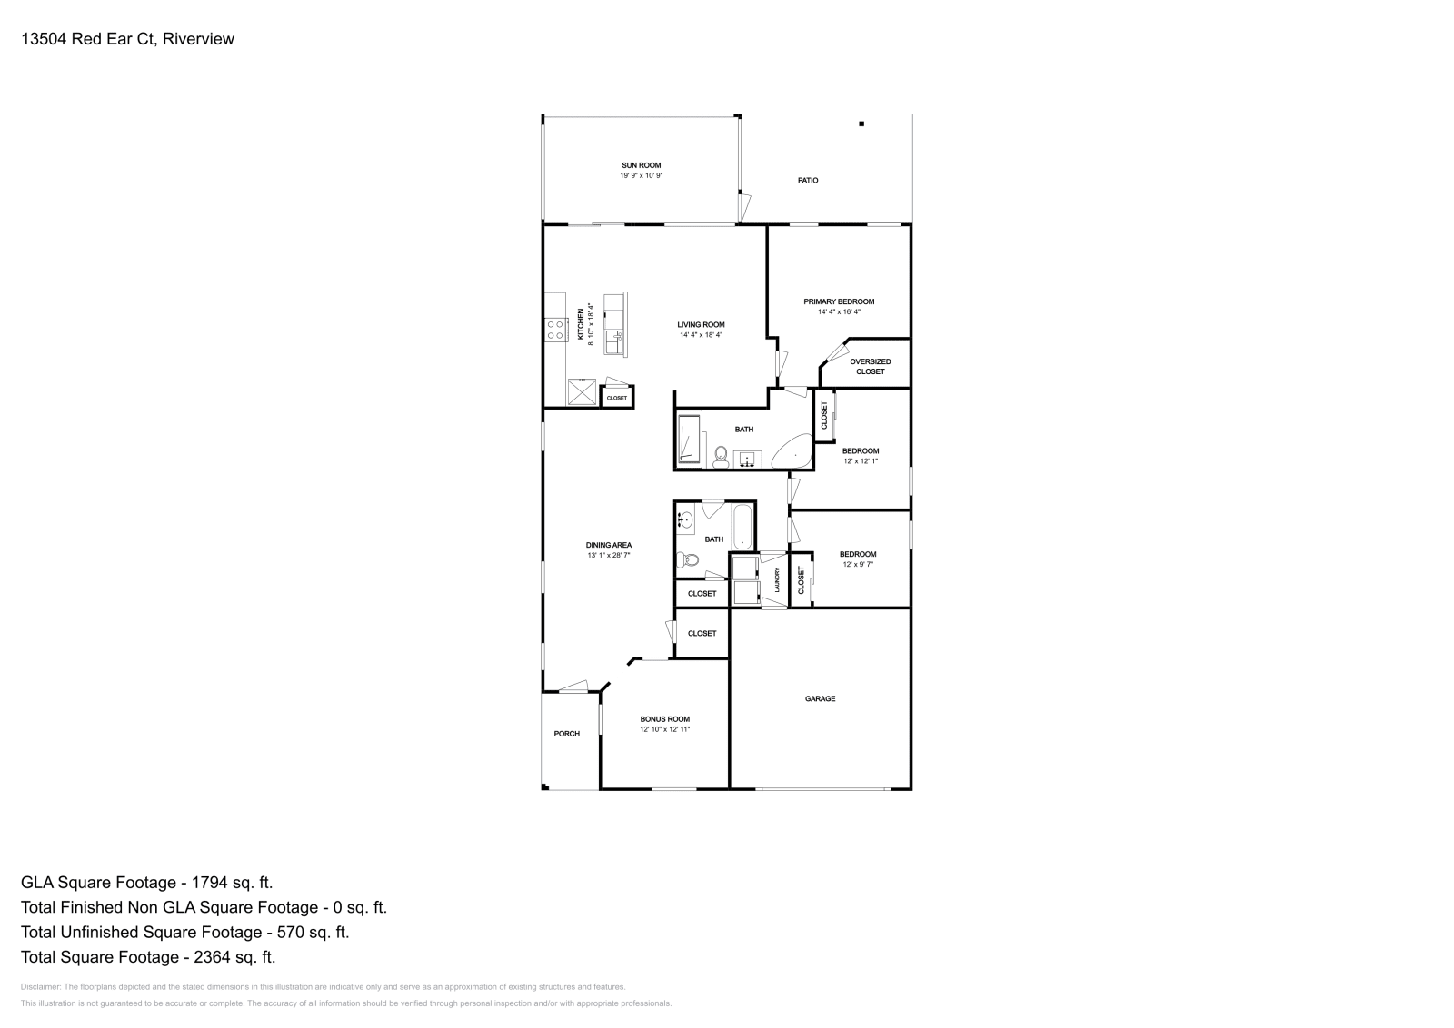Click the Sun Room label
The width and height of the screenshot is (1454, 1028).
pos(641,165)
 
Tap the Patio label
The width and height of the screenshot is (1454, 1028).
pos(808,181)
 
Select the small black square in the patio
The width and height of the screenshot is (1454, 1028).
pos(861,124)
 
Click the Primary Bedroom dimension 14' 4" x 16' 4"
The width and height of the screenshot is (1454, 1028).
pos(839,311)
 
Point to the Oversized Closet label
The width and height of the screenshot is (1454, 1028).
pos(870,366)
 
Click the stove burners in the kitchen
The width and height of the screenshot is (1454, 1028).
pos(556,330)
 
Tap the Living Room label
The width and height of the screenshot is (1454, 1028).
pos(701,324)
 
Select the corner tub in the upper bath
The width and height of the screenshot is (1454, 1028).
pos(793,451)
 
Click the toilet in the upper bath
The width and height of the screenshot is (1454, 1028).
pos(722,455)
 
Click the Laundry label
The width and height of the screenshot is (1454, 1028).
pos(777,580)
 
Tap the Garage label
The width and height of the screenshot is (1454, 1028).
pos(820,698)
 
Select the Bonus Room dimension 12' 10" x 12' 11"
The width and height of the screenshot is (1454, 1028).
pos(665,729)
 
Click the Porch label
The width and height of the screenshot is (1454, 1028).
pos(566,734)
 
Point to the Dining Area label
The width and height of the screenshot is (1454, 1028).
pos(609,545)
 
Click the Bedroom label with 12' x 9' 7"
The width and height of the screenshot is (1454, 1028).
pos(858,554)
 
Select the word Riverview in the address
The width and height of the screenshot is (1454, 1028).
pos(200,39)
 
